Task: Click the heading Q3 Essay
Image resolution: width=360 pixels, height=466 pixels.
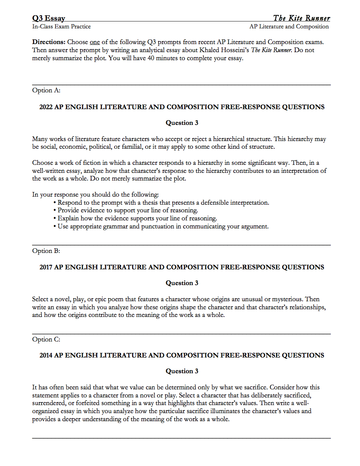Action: [49, 18]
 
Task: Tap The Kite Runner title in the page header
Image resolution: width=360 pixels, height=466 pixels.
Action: [301, 18]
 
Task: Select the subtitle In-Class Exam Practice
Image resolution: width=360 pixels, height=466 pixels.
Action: [61, 26]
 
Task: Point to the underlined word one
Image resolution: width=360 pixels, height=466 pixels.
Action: [95, 42]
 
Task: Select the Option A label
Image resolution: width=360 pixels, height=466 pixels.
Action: [46, 90]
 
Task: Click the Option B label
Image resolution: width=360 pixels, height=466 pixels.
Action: [46, 251]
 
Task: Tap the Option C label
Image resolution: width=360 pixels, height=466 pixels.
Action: [46, 339]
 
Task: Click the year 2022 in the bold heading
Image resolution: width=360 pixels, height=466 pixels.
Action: [46, 107]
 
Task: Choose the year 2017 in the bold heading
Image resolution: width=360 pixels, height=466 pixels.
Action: [46, 267]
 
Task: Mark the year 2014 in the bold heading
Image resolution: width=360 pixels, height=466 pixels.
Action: [46, 355]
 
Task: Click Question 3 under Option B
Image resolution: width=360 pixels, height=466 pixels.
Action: [182, 283]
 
